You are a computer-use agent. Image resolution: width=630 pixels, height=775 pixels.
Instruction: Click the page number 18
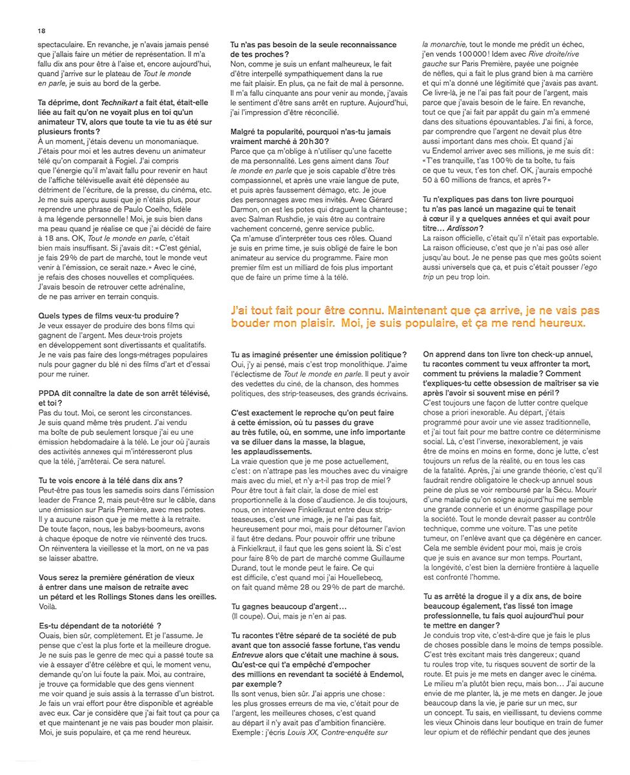(41, 31)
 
